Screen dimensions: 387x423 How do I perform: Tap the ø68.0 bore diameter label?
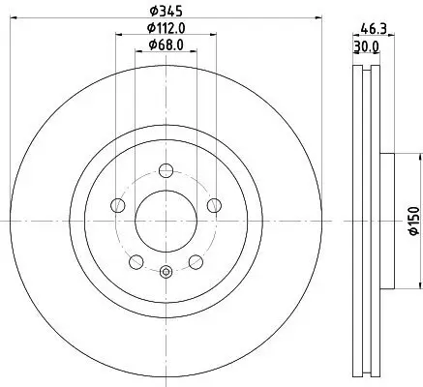(x=166, y=46)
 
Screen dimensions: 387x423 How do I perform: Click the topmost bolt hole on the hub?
(x=166, y=171)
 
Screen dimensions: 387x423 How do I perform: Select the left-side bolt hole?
(x=118, y=205)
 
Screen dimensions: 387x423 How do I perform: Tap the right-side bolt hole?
(x=212, y=205)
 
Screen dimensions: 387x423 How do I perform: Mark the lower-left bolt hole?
(x=136, y=261)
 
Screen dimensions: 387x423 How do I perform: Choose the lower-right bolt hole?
(x=195, y=261)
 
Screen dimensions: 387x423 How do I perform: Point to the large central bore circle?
(x=166, y=221)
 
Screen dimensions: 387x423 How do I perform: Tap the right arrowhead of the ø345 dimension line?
(x=321, y=21)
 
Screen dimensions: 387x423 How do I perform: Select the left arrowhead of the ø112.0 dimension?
(x=118, y=39)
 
